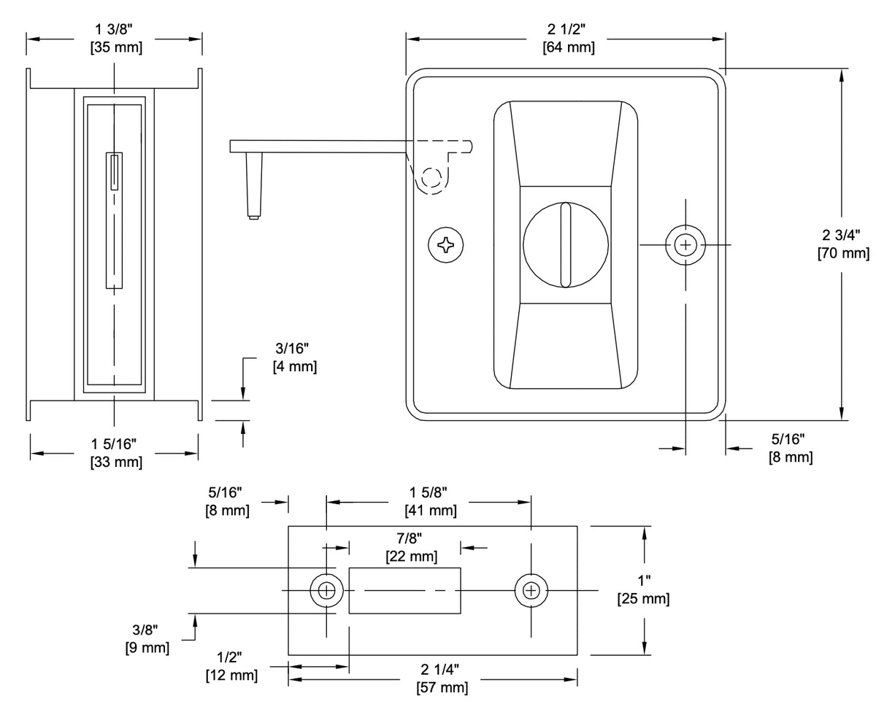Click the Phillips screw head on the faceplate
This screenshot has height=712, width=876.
(445, 245)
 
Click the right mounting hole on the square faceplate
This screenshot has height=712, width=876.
(685, 245)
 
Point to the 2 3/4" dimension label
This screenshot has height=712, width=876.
(842, 235)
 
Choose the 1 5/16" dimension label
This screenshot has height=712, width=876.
(115, 443)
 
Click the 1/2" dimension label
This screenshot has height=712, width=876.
(231, 657)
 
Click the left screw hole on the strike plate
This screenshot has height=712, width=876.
(326, 589)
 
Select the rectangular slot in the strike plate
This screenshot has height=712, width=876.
(404, 589)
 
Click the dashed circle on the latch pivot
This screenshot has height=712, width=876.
(431, 179)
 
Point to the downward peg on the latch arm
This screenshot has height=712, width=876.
(253, 186)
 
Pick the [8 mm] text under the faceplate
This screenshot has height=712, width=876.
(791, 457)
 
